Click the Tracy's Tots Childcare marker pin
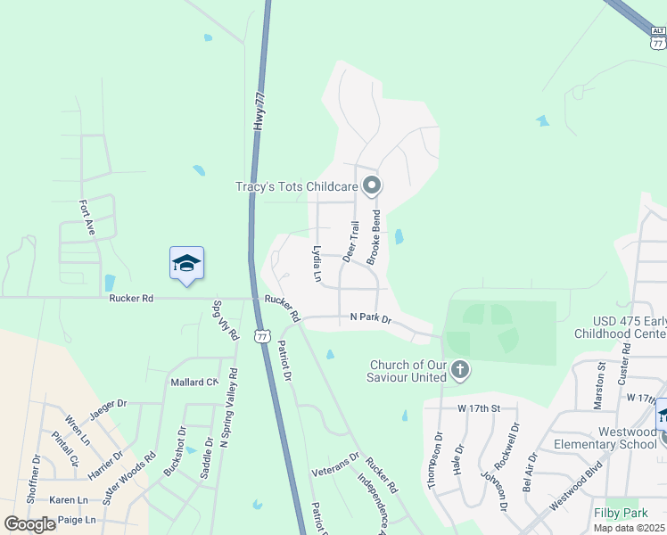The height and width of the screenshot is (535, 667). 372,186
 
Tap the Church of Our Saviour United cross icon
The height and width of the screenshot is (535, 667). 460,369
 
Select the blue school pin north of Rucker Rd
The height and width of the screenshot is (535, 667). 186,263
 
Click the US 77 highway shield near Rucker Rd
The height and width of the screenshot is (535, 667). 261,335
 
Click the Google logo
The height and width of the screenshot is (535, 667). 30,524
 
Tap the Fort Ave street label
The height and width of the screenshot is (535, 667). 87,217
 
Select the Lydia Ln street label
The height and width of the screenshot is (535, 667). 316,264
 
